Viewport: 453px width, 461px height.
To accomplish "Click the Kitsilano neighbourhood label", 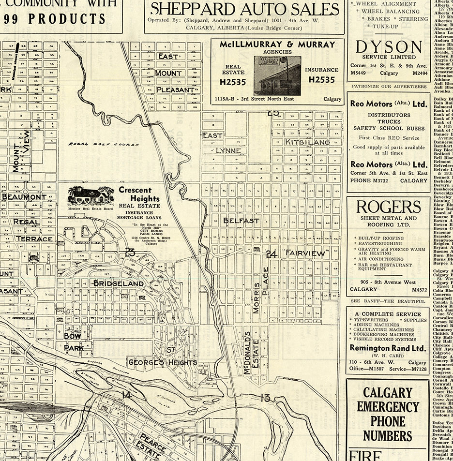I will coord(307,142).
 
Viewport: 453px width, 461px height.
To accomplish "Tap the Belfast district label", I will coord(241,221).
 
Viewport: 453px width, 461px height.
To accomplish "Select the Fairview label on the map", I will coord(305,253).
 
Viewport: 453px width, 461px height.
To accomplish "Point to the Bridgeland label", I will coord(118,283).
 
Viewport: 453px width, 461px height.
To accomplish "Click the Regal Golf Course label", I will coord(104,144).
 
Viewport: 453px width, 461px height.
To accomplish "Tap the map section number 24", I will coord(271,253).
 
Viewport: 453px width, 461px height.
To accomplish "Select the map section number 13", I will coord(265,398).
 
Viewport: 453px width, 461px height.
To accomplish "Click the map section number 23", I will coord(130,252).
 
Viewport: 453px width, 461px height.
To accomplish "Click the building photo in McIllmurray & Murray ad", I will coord(277,75).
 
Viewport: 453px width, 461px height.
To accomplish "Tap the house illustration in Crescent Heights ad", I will coord(91,196).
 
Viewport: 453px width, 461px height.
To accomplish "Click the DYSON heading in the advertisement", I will coord(389,47).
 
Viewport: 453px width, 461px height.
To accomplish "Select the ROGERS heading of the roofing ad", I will coord(389,207).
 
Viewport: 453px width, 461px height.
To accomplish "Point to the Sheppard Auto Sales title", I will coord(244,9).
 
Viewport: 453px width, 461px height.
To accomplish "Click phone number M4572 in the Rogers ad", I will coord(419,289).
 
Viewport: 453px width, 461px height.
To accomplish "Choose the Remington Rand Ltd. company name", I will coord(388,348).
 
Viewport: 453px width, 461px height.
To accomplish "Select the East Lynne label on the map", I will coord(220,143).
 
